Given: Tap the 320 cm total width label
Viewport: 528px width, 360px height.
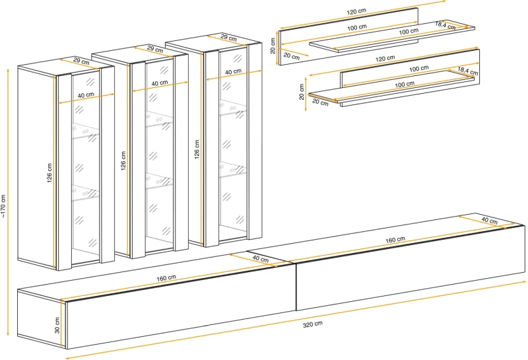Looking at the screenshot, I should click(x=313, y=323).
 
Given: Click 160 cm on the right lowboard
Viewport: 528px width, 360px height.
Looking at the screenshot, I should click(x=396, y=240).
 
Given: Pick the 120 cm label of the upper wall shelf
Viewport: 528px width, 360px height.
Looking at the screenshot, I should click(x=356, y=13).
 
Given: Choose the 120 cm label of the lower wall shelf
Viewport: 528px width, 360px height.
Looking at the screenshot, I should click(x=385, y=59).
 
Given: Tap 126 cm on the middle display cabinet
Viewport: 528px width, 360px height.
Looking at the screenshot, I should click(x=123, y=161).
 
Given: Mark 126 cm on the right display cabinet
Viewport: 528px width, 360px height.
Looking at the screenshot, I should click(x=197, y=148).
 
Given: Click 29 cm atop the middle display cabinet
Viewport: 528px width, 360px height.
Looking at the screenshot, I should click(x=155, y=49).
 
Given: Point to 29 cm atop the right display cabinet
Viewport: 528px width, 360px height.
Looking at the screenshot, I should click(x=229, y=38).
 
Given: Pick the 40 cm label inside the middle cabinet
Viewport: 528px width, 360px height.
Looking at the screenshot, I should click(x=158, y=83).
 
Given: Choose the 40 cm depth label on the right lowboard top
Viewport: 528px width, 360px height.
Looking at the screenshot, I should click(x=489, y=220).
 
